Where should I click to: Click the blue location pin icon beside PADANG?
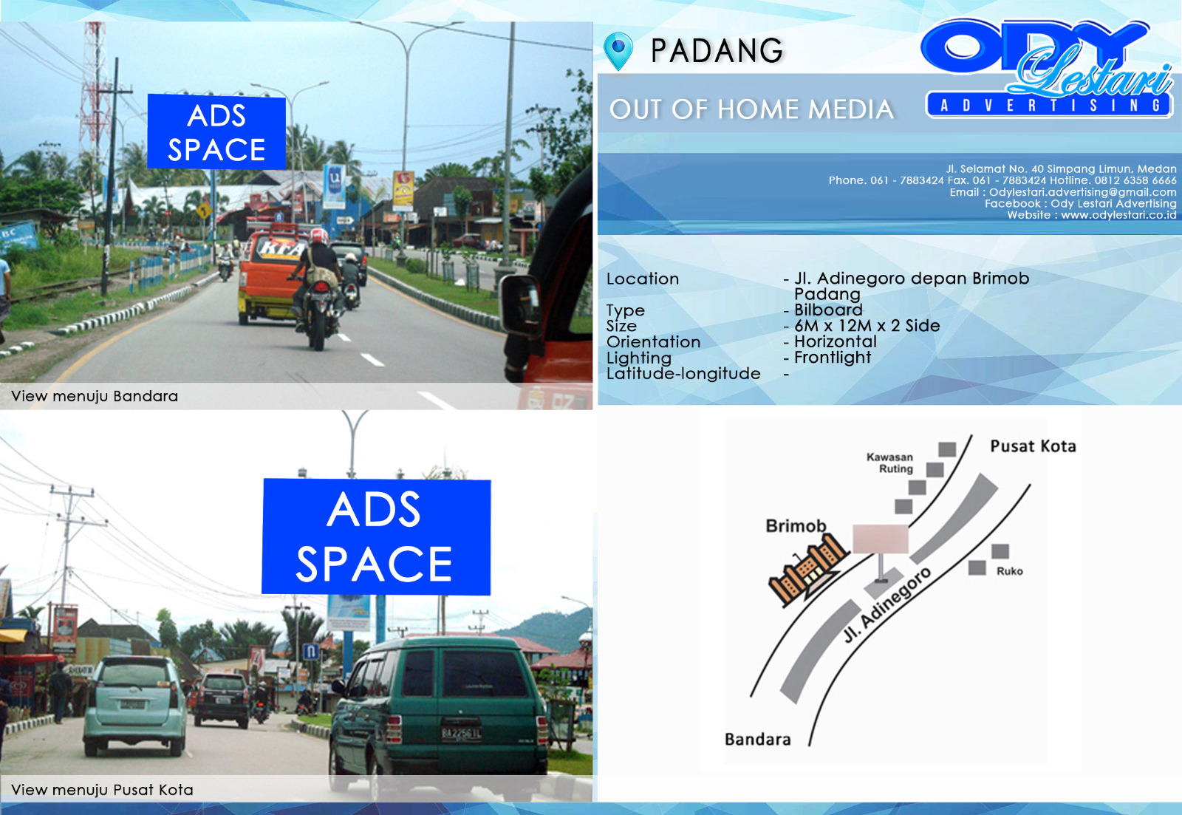point(618,50)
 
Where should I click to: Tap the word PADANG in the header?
point(717,51)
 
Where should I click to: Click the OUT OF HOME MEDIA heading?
point(751,109)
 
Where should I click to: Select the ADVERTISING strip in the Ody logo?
point(1048,105)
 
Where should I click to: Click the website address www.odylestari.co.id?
point(1118,215)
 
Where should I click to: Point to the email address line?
point(1063,192)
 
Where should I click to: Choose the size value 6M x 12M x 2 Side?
point(867,326)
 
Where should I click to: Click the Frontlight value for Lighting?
point(833,358)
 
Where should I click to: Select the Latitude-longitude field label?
point(683,373)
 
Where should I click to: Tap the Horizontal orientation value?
point(836,341)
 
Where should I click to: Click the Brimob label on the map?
point(796,526)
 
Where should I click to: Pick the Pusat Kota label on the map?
point(1033,446)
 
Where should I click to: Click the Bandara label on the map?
point(758,739)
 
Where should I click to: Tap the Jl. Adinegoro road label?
point(887,605)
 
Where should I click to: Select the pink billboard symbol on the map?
point(881,539)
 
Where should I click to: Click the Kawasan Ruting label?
point(889,463)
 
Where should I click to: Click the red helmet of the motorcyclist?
point(319,236)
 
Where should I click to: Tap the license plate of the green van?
point(461,733)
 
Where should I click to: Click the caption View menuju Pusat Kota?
point(102,790)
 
